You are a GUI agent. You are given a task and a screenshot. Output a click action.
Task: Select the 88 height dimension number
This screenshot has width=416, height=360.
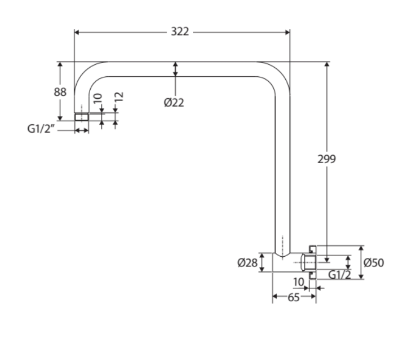[x=60, y=92]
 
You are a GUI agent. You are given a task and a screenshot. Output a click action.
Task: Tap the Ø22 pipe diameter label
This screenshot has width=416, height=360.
[x=174, y=102]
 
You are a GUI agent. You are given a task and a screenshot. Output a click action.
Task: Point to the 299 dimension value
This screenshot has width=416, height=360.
[x=327, y=159]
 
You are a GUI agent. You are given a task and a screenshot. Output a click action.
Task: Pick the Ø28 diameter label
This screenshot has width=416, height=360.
[x=247, y=262]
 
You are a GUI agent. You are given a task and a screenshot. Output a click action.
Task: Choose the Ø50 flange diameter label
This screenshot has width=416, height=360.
[x=374, y=262]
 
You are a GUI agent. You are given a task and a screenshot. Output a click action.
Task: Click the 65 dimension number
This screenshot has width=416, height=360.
[x=294, y=297]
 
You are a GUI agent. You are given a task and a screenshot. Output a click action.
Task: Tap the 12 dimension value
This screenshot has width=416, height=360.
[x=119, y=98]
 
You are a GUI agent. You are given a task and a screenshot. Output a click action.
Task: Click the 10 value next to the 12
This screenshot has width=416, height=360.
[x=98, y=99]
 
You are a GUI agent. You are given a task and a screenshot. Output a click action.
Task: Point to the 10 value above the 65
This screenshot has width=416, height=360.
[x=299, y=282]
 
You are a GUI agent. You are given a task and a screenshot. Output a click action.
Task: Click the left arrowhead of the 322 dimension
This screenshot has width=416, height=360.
[x=78, y=32]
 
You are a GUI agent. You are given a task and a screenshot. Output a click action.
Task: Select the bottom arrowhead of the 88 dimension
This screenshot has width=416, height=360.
[x=60, y=116]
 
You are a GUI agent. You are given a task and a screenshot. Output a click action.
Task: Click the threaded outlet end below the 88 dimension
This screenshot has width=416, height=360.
[x=82, y=117]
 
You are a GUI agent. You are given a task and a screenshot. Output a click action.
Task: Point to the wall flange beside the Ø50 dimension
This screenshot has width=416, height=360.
[x=311, y=262]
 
